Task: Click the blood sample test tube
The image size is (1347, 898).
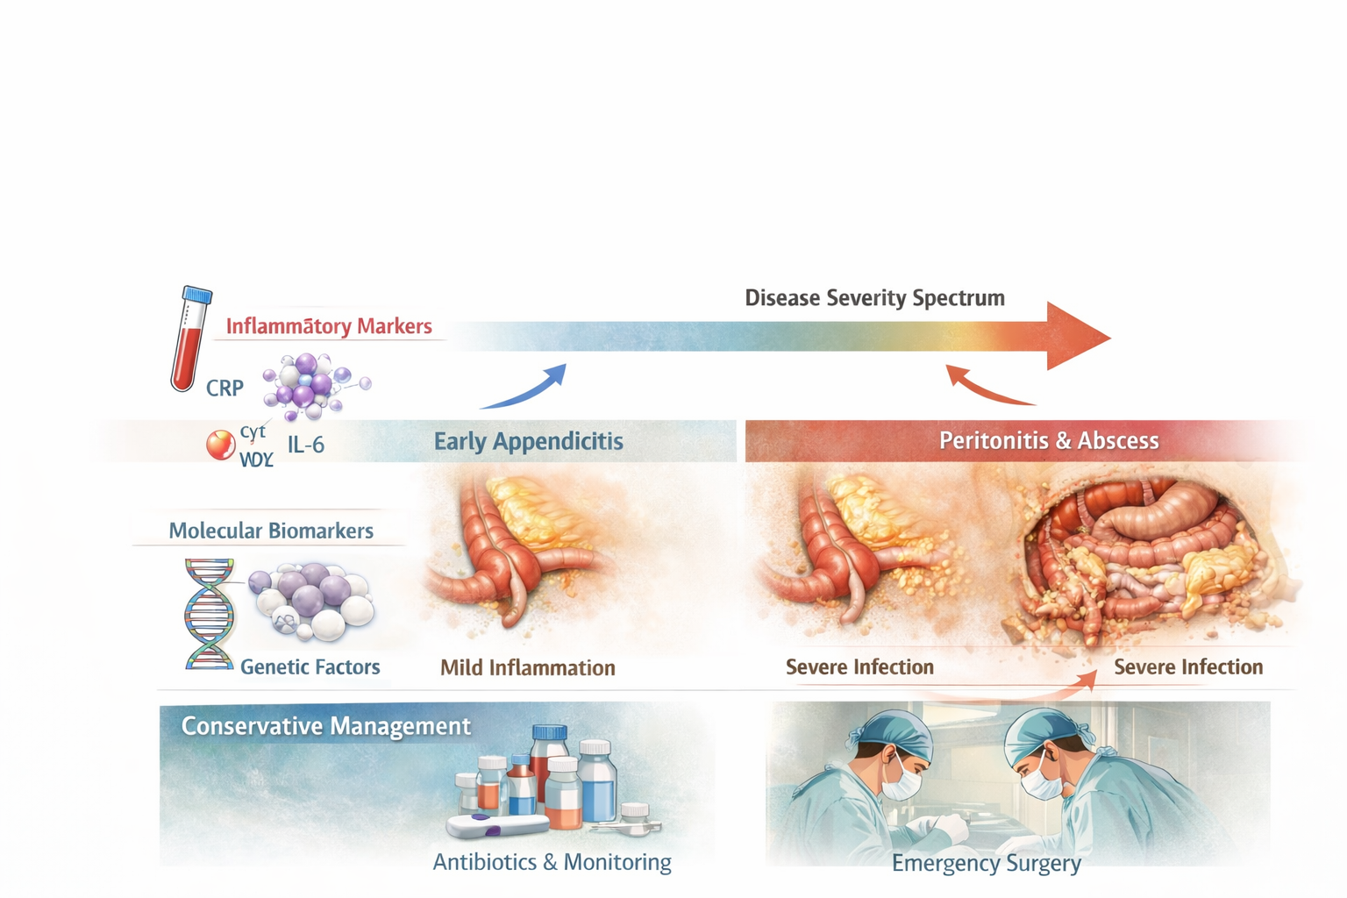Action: click(189, 339)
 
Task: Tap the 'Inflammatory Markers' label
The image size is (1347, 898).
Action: click(329, 326)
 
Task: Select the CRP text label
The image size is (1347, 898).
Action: click(224, 388)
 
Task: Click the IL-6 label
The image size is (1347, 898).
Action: click(306, 445)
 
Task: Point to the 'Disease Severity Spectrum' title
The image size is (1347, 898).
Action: click(874, 298)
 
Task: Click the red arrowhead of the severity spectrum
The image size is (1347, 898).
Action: click(1078, 337)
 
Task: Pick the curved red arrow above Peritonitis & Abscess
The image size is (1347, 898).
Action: click(986, 388)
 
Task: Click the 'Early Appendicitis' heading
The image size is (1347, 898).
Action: click(529, 441)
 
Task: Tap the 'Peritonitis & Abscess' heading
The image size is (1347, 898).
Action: click(1049, 441)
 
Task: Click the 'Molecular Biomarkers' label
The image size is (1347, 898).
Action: click(271, 531)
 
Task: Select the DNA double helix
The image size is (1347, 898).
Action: click(209, 614)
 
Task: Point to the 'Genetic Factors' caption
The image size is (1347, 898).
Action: click(310, 667)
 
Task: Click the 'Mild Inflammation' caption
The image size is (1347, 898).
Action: click(528, 668)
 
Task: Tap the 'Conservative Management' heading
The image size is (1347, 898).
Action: click(326, 726)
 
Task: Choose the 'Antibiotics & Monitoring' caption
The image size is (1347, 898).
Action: click(552, 862)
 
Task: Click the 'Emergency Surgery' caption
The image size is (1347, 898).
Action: click(987, 864)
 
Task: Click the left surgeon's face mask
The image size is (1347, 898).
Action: click(902, 780)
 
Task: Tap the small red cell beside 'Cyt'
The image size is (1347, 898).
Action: click(220, 445)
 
